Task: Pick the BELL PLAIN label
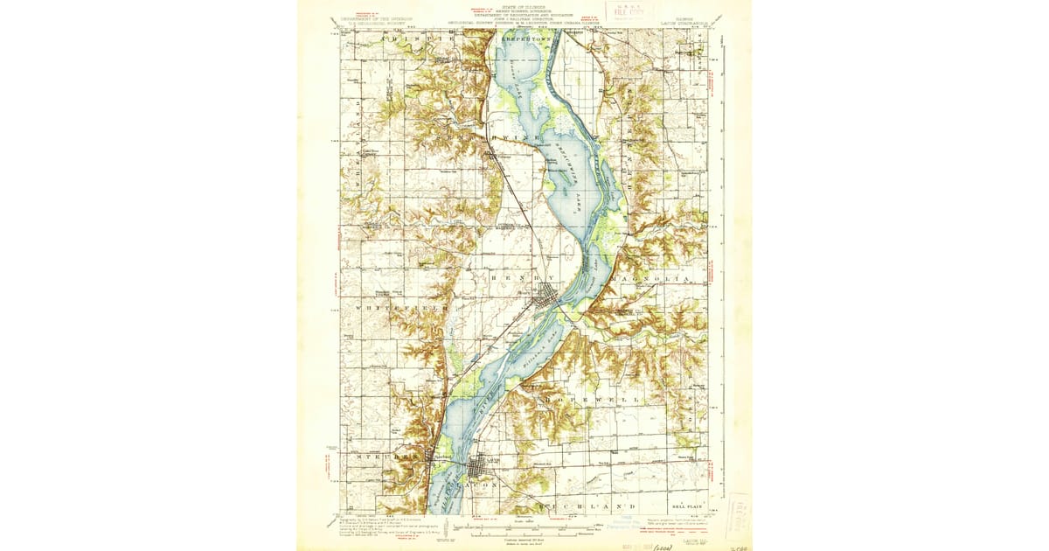tap(689, 506)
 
